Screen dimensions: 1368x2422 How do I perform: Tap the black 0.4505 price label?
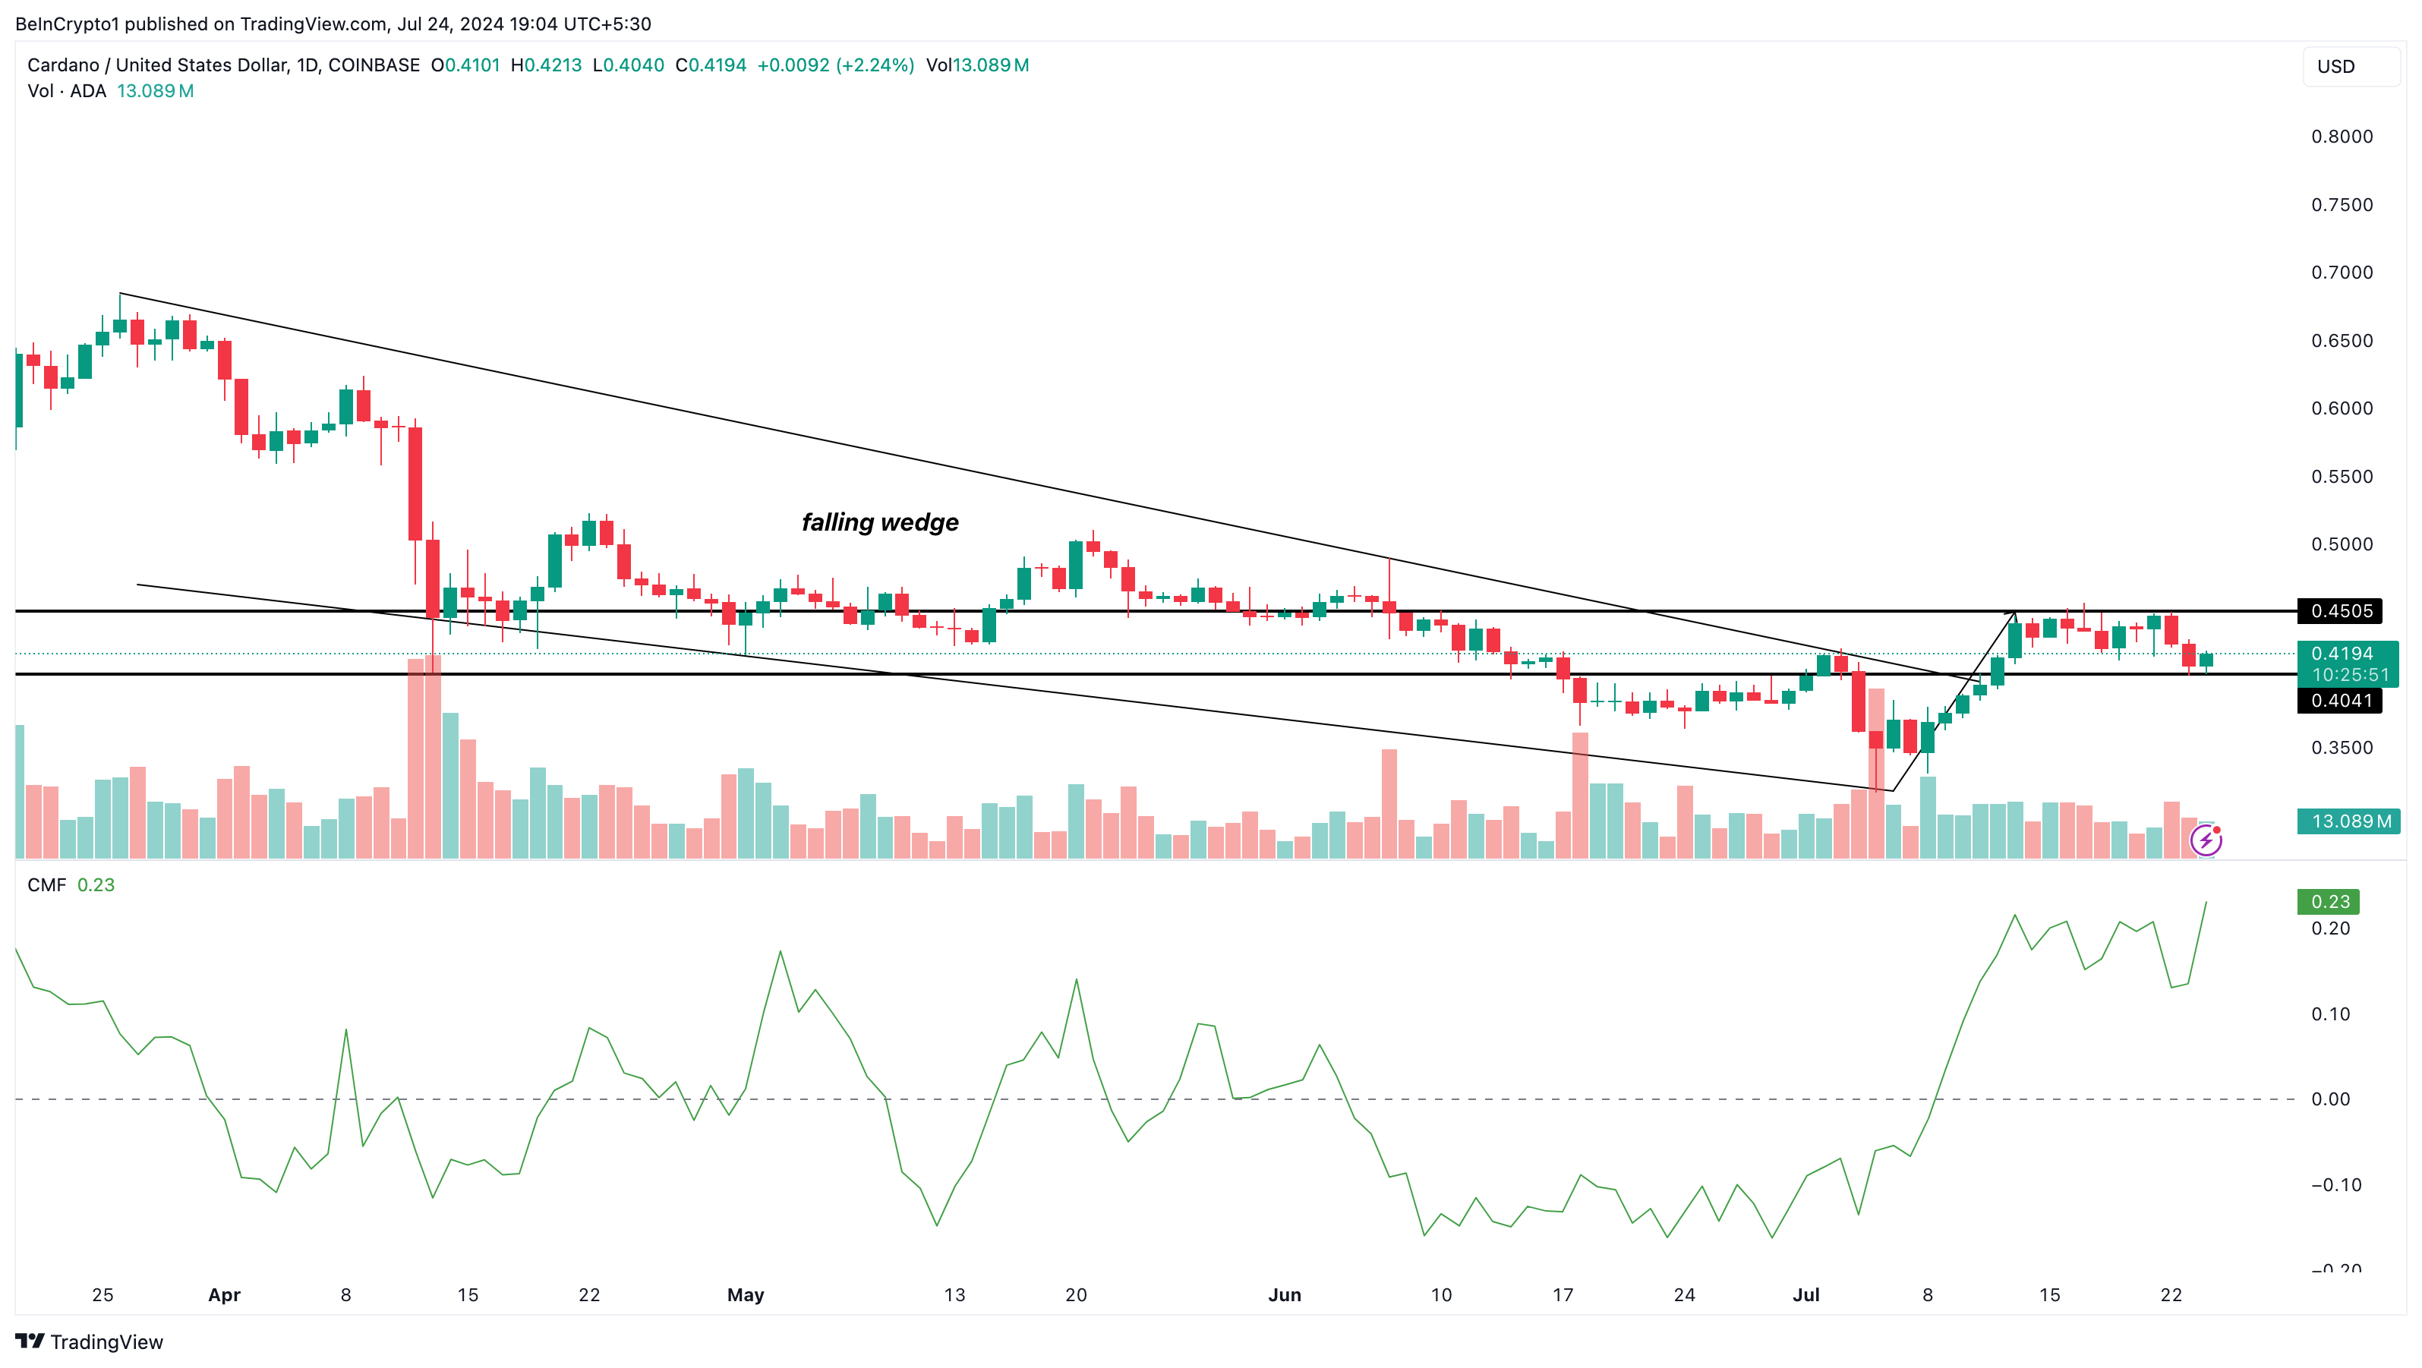pyautogui.click(x=2339, y=611)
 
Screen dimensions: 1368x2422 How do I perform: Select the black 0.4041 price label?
pyautogui.click(x=2339, y=701)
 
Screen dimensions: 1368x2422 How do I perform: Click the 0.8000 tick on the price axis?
pyautogui.click(x=2342, y=137)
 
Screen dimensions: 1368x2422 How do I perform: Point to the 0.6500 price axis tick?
pyautogui.click(x=2342, y=340)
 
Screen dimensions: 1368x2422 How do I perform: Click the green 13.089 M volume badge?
pyautogui.click(x=2348, y=821)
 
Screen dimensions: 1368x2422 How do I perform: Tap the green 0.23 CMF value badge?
pyautogui.click(x=2328, y=902)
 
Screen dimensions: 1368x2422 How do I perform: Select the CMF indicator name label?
pyautogui.click(x=46, y=884)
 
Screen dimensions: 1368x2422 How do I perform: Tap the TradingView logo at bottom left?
pyautogui.click(x=90, y=1341)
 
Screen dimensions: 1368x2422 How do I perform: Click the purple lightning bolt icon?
pyautogui.click(x=2206, y=840)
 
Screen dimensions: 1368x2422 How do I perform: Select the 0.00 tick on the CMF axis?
pyautogui.click(x=2330, y=1099)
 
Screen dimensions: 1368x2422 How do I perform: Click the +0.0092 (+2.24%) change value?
pyautogui.click(x=835, y=65)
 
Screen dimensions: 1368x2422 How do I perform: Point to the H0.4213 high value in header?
pyautogui.click(x=546, y=65)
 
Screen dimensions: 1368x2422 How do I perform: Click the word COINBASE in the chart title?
pyautogui.click(x=374, y=65)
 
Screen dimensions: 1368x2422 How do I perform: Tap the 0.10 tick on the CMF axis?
pyautogui.click(x=2330, y=1013)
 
